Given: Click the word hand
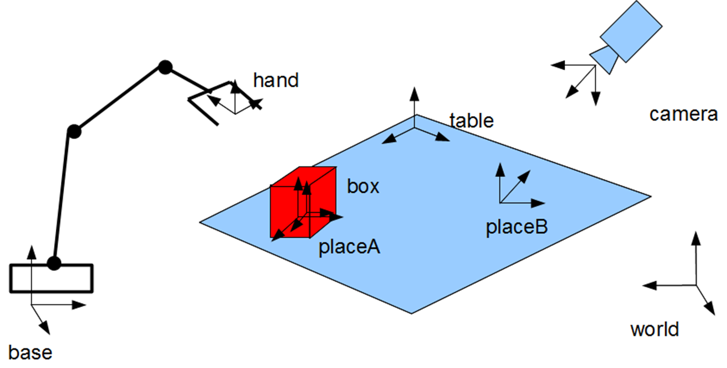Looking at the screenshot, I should [x=276, y=81].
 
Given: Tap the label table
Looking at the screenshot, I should [x=471, y=120].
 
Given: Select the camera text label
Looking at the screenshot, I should [x=683, y=115].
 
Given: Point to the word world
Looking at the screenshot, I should [x=655, y=330].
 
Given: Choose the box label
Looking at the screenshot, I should [x=363, y=187].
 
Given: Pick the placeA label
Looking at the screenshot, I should [x=350, y=247].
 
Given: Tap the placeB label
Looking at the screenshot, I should [x=517, y=227].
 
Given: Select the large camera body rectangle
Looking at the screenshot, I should [x=630, y=31].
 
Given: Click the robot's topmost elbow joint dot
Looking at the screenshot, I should [x=165, y=67].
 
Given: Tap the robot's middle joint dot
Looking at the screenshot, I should [x=74, y=132].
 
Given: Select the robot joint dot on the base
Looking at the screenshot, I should [x=54, y=264].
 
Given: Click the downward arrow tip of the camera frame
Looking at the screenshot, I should [x=595, y=103].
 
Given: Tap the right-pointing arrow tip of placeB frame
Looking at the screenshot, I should [x=543, y=203].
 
